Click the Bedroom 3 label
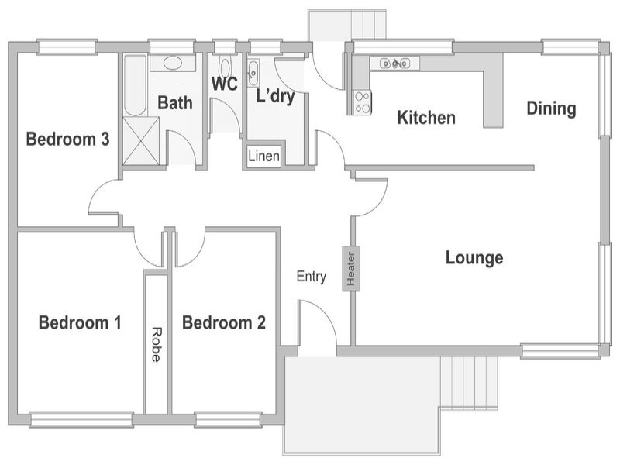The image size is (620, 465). coord(67,139)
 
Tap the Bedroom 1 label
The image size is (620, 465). coord(80,322)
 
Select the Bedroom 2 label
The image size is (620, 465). coord(224,322)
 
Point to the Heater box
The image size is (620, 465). coord(351,268)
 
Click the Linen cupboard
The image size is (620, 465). coord(263,157)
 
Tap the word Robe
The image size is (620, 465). coord(157,344)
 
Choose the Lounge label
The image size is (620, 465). coord(474,258)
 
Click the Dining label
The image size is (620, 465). coord(551,108)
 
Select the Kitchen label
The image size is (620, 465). coord(426,118)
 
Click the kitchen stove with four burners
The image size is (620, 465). coord(363,102)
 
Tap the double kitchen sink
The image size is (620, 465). coord(394,63)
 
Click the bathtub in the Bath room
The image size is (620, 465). coord(135,85)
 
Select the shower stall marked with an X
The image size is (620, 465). coord(141,141)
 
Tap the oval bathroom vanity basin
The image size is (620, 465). coord(173,63)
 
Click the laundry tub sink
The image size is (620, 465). coord(253,73)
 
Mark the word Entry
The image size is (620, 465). coord(312,277)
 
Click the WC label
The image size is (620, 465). coord(225,84)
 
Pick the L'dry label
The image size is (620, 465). coord(276,96)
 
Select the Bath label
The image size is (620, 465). coord(175,103)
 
